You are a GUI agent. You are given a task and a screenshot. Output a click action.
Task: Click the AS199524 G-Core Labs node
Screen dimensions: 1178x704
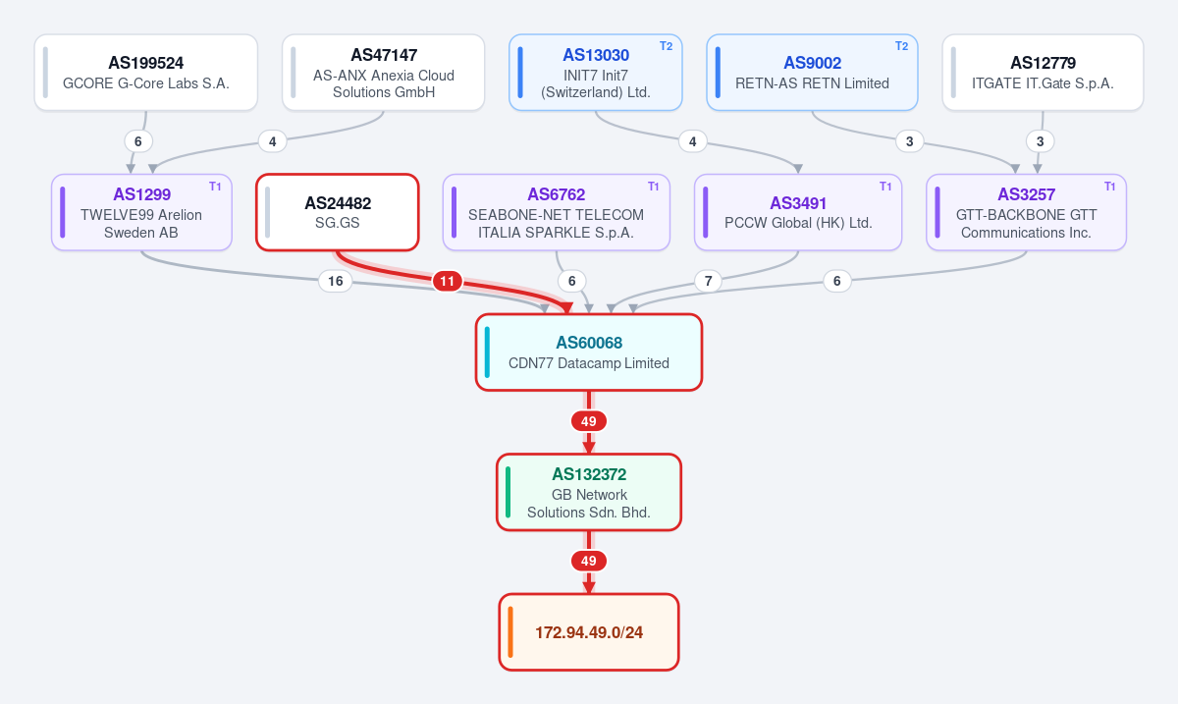[x=145, y=73]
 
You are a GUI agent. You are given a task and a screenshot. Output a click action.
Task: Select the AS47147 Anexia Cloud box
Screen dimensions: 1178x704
[x=384, y=73]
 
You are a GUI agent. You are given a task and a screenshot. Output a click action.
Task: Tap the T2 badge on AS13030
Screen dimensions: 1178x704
[x=666, y=46]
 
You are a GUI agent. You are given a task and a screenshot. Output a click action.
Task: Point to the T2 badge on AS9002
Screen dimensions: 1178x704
[x=901, y=46]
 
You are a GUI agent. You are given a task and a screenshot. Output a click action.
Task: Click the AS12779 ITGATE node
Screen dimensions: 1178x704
[x=1043, y=73]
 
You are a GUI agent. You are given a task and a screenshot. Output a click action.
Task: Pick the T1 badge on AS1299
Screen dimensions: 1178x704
[x=215, y=187]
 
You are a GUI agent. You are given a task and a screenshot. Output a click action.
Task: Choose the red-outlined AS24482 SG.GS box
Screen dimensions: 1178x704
[x=338, y=212]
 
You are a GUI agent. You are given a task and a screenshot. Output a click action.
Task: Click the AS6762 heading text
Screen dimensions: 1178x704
[x=557, y=194]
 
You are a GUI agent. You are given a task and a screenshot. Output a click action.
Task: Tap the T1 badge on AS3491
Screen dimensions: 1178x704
[x=885, y=187]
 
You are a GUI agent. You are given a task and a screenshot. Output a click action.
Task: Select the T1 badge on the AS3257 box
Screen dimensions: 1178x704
[x=1109, y=187]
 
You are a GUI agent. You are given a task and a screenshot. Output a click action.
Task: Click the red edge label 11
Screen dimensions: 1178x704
[x=447, y=281]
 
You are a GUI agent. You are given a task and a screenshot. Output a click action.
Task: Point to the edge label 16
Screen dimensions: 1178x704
[x=336, y=281]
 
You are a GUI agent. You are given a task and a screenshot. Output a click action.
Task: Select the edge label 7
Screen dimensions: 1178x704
[x=709, y=281]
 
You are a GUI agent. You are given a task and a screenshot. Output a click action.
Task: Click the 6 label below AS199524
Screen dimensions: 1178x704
[x=138, y=141]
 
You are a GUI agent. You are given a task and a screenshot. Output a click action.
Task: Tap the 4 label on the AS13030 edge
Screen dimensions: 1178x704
[x=693, y=141]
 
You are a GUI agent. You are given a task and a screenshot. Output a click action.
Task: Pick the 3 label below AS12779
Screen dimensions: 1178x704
[x=1040, y=141]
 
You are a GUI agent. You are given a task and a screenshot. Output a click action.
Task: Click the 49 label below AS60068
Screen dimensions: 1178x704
[x=588, y=421]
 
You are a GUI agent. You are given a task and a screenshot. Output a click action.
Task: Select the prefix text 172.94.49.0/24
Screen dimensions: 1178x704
[x=589, y=632]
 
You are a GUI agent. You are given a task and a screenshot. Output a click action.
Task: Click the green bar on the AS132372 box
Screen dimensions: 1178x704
[x=509, y=492]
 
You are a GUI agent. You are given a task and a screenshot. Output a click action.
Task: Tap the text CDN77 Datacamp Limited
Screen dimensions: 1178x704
[x=589, y=363]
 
